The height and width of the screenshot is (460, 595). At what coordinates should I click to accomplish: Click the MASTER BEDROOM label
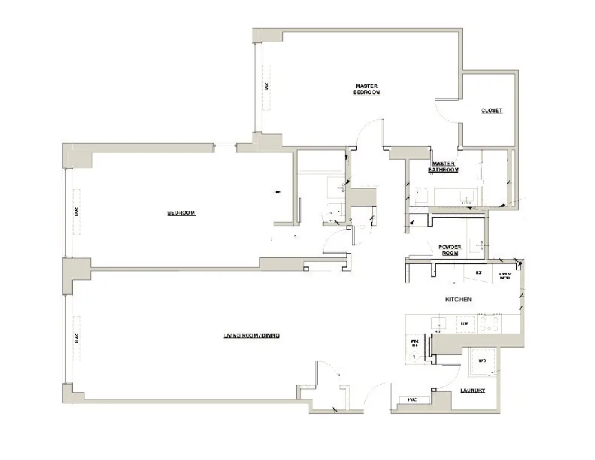coord(367,89)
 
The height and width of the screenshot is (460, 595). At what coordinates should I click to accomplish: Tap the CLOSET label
coord(491,111)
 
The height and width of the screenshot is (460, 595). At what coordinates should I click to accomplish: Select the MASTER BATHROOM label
coord(443,167)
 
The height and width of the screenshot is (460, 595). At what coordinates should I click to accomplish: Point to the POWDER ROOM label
coord(449,250)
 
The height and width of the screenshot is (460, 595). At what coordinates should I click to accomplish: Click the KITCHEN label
coord(458,299)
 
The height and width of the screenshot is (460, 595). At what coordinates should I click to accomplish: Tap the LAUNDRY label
coord(473,391)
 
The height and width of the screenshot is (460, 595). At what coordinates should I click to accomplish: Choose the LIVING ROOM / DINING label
coord(251,335)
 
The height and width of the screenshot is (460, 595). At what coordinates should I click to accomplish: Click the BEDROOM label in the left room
coord(181,213)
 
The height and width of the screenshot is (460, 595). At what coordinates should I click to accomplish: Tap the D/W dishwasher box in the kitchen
coord(464,324)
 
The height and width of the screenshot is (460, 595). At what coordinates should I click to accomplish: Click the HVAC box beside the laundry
coord(412,399)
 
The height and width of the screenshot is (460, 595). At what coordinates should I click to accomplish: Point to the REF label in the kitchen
coord(478,272)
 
